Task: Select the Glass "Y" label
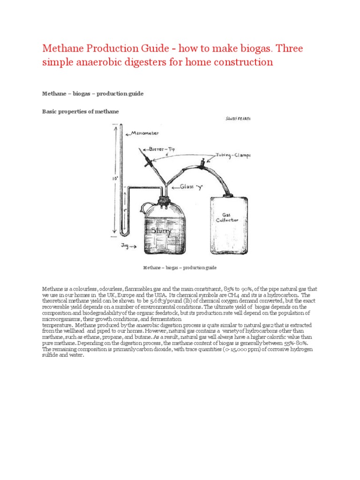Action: click(x=189, y=186)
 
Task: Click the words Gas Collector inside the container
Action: click(x=227, y=217)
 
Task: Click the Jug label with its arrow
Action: click(x=129, y=245)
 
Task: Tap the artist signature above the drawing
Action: click(x=238, y=119)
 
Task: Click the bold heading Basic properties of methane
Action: click(x=81, y=111)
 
